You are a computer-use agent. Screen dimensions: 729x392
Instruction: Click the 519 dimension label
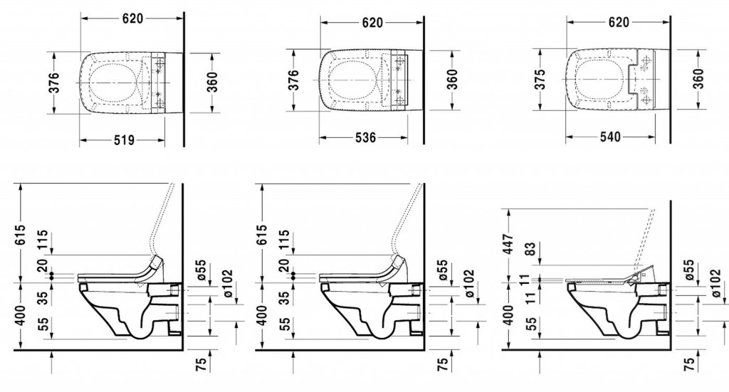coord(124,140)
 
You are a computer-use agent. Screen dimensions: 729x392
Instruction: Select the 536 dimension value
coord(365,137)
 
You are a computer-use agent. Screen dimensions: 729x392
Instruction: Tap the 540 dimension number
coord(610,137)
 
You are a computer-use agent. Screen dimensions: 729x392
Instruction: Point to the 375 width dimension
coord(540,80)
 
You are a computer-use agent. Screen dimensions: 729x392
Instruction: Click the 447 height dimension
coord(508,244)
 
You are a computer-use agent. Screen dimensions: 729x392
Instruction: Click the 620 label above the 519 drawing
coord(133,18)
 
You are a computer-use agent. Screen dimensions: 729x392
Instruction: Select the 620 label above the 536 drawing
coord(373,22)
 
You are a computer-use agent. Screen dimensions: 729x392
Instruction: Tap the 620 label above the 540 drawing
coord(619,22)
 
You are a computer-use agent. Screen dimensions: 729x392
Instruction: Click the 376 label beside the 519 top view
coord(54,83)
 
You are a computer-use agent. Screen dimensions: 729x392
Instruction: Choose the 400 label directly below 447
coord(508,315)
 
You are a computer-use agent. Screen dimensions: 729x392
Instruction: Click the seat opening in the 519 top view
coord(114,83)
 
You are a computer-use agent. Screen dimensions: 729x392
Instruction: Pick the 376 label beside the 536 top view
coord(294,80)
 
